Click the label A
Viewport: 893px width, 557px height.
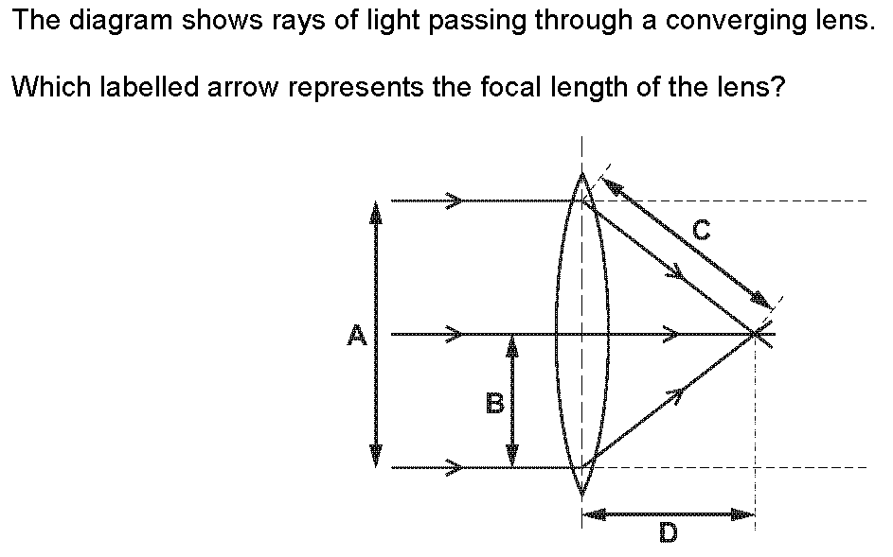point(356,335)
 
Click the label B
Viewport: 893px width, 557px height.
point(493,403)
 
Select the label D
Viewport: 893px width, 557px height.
point(668,534)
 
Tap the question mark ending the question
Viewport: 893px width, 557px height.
point(779,89)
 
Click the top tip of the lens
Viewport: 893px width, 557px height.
point(581,173)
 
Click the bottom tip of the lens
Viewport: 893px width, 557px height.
point(581,494)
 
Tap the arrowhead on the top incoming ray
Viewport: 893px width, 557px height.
point(455,200)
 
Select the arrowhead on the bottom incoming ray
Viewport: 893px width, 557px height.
point(455,467)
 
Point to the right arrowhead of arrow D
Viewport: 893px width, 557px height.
point(746,514)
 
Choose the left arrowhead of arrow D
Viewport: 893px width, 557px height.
point(591,514)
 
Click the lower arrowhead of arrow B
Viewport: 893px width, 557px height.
point(512,458)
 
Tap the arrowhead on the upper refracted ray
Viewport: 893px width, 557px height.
point(676,272)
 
